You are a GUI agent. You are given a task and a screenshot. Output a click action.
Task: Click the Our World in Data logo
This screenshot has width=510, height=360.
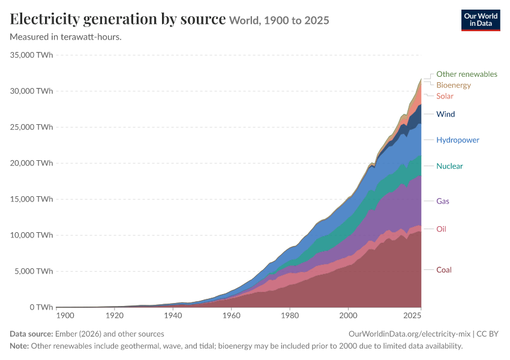[481, 20]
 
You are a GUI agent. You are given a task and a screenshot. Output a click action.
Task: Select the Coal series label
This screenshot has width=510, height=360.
[443, 270]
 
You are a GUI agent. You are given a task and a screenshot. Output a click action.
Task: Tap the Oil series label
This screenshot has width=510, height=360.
[441, 229]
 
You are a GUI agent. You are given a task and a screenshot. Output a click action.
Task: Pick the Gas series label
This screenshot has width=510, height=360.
[443, 201]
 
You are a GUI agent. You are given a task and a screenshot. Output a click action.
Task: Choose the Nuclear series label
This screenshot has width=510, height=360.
[449, 166]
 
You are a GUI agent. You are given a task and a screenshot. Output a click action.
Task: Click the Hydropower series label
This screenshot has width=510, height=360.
[458, 140]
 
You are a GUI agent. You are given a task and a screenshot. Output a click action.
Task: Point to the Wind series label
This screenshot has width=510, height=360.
[445, 114]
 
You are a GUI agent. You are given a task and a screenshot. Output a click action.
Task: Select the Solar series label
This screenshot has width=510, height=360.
[445, 96]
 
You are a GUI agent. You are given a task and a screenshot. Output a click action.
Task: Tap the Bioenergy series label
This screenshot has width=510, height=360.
[454, 85]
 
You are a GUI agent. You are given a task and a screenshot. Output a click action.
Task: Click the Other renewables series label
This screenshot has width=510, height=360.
[467, 74]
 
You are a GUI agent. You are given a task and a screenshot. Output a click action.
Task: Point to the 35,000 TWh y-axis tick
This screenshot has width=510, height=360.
[31, 55]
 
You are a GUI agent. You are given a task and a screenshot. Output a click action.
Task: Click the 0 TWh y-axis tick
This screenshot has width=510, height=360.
[41, 307]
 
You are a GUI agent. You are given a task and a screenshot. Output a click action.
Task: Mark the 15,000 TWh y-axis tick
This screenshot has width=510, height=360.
[31, 199]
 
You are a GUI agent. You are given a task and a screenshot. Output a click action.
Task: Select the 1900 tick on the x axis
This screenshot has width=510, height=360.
[65, 316]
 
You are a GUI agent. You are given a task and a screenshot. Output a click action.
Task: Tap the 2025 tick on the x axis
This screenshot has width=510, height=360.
[412, 316]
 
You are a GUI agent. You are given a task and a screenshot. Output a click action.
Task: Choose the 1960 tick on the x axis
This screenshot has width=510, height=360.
[231, 316]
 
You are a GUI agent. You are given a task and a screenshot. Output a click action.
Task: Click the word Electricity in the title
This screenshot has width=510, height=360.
[45, 19]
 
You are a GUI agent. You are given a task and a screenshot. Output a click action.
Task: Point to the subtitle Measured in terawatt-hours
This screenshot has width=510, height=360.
[66, 37]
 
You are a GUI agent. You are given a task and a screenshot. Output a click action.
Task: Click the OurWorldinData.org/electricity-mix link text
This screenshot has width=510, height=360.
[409, 334]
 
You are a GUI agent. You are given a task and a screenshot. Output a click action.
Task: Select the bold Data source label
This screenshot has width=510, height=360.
[31, 334]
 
